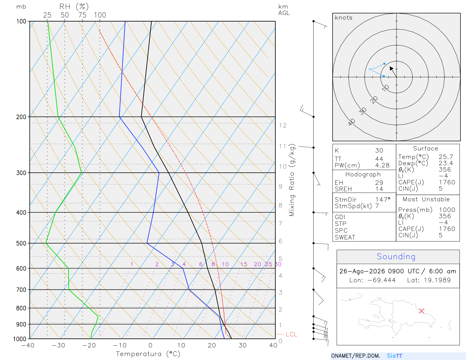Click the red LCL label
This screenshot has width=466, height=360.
tap(291, 334)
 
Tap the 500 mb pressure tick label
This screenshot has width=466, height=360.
tap(21, 243)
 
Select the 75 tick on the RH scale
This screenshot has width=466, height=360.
tap(82, 15)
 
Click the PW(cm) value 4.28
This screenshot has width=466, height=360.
tap(382, 165)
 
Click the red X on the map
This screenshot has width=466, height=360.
tap(421, 311)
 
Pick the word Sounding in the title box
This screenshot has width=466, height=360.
tap(396, 256)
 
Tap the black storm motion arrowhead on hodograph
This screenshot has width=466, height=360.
tap(391, 68)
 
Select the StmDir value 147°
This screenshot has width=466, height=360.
tap(383, 200)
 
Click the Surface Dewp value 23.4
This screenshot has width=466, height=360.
tap(446, 163)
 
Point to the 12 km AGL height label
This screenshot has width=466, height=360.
tap(283, 126)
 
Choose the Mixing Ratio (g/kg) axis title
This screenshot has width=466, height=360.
tap(292, 180)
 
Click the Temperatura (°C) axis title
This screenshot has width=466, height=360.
tap(148, 354)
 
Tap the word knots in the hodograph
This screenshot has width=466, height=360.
tap(343, 17)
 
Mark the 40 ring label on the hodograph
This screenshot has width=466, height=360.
tap(352, 122)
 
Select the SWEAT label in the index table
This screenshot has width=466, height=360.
tap(345, 237)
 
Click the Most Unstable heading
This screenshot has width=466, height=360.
tap(426, 199)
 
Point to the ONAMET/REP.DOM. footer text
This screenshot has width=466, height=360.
tap(356, 356)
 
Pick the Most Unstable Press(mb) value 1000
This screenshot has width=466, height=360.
tap(447, 210)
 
